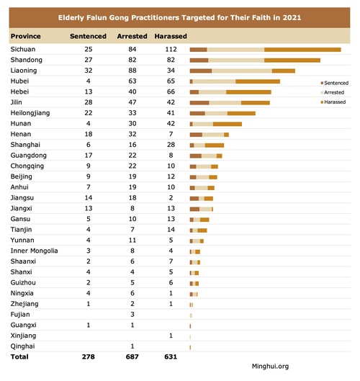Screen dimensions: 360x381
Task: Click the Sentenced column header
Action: click(88, 36)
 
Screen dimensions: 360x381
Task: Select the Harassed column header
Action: click(171, 36)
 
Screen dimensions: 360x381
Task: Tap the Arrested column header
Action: click(132, 36)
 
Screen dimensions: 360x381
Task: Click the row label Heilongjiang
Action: click(30, 113)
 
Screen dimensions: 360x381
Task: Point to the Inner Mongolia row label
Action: click(34, 251)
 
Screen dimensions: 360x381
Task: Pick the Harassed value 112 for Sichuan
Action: click(171, 49)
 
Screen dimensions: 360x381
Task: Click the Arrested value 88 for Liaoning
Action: click(132, 71)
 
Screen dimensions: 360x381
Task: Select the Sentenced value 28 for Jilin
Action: click(89, 102)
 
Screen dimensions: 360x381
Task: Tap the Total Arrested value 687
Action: click(132, 357)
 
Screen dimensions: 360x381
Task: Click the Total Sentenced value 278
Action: click(88, 357)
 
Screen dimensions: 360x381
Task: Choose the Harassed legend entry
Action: click(333, 102)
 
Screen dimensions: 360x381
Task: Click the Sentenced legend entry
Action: click(335, 83)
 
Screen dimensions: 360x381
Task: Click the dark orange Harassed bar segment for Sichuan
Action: click(302, 50)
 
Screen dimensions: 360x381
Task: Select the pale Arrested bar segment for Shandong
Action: click(236, 60)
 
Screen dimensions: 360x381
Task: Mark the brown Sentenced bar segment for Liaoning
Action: click(201, 71)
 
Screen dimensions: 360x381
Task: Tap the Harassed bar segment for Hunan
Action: click(228, 124)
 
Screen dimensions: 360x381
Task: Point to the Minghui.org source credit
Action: click(271, 367)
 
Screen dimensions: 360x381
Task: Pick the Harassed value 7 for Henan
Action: click(171, 134)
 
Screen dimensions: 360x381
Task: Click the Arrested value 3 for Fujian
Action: click(132, 315)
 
